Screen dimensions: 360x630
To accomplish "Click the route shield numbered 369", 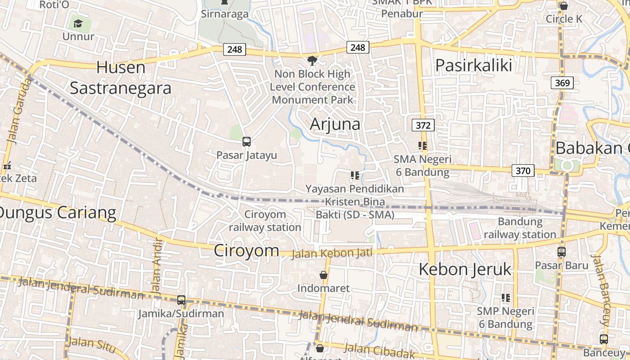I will tap(562, 83).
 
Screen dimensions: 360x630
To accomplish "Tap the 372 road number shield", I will tap(423, 125).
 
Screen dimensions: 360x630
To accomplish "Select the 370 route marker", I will tap(522, 171).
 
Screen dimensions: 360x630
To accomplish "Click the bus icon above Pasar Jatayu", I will tap(246, 142).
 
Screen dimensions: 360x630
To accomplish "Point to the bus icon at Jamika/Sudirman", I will tap(181, 300).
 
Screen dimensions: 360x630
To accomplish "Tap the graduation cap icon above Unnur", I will tap(78, 23).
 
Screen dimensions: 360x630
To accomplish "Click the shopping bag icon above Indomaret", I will tap(323, 274).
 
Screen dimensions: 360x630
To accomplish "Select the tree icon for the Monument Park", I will tap(312, 61).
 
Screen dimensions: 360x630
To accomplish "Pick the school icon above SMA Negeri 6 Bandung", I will tap(422, 146).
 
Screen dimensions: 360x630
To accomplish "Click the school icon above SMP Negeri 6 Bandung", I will tap(506, 298).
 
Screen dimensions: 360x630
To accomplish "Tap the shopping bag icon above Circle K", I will tap(563, 6).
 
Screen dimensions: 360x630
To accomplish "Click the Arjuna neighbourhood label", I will tap(335, 124).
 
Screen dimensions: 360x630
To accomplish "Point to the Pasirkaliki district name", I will tap(473, 66).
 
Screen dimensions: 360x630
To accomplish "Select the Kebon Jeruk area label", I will tap(465, 269).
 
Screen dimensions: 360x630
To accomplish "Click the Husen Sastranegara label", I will tap(121, 78).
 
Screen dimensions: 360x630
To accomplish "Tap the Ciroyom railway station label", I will tap(265, 221).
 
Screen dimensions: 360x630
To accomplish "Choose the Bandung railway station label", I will tap(520, 228).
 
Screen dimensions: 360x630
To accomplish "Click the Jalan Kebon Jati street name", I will tap(332, 253).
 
